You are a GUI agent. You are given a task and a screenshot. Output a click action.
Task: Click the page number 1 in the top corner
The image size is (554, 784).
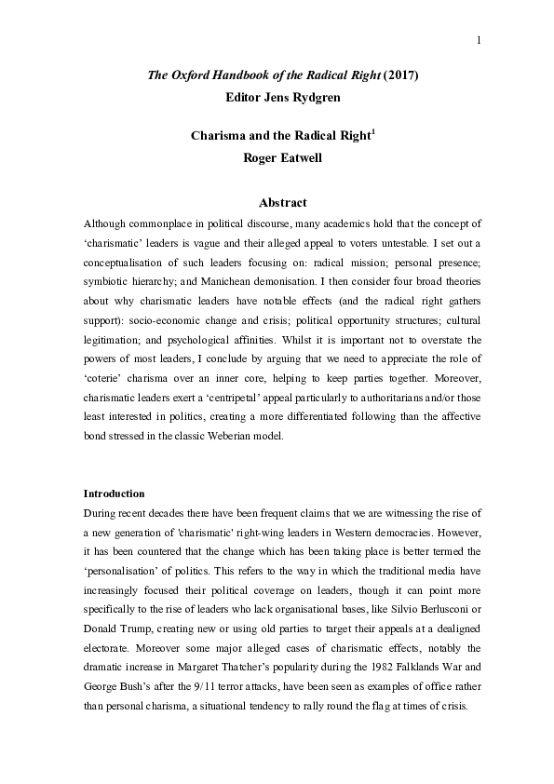477,39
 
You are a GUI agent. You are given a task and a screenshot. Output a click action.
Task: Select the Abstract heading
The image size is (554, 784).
280,202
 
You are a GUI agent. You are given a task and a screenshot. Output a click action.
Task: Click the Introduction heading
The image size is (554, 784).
115,493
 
